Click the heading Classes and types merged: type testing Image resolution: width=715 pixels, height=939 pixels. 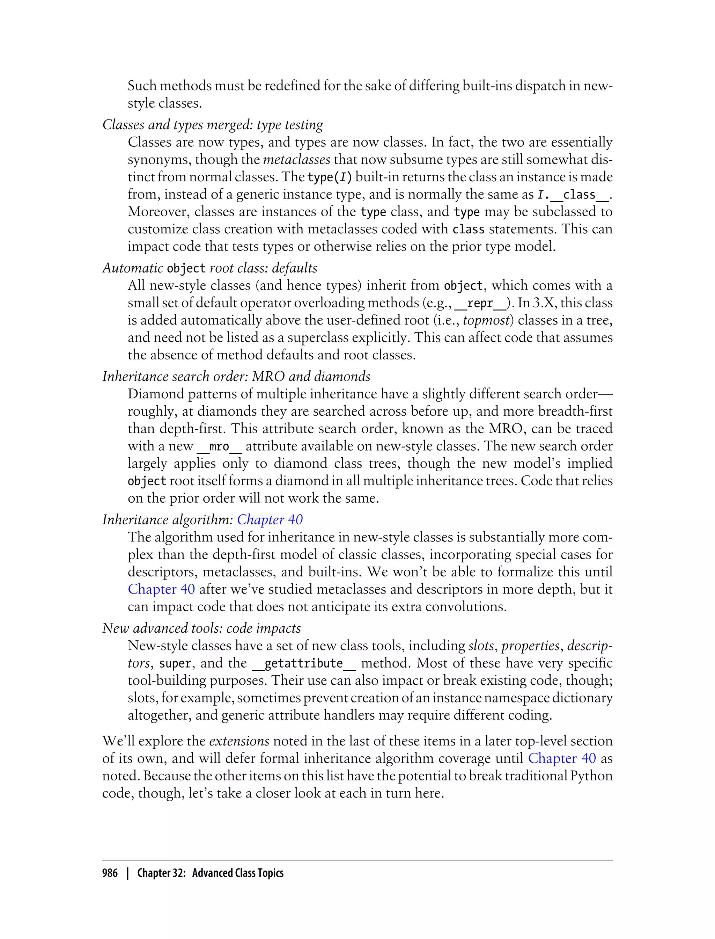pyautogui.click(x=212, y=125)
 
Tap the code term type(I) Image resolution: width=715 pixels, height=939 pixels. pyautogui.click(x=330, y=177)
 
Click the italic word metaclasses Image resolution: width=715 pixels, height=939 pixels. pyautogui.click(x=297, y=160)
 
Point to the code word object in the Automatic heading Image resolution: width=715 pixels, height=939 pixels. pyautogui.click(x=186, y=269)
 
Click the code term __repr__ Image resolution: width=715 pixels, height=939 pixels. pyautogui.click(x=480, y=303)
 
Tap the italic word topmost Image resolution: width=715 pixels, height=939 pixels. pyautogui.click(x=486, y=320)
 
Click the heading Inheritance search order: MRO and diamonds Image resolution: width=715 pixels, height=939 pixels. pyautogui.click(x=236, y=377)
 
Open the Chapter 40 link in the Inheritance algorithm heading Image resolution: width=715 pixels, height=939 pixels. pyautogui.click(x=270, y=519)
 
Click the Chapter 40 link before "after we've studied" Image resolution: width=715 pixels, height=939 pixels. pyautogui.click(x=161, y=589)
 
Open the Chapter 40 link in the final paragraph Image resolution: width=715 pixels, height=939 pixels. pyautogui.click(x=561, y=758)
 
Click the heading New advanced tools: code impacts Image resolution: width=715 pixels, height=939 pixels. pyautogui.click(x=201, y=628)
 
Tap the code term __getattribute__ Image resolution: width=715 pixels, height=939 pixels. pyautogui.click(x=303, y=663)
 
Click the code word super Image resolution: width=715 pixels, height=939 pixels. pyautogui.click(x=175, y=663)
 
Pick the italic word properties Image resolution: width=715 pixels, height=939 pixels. pyautogui.click(x=530, y=646)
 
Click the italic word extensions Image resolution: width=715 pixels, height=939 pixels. pyautogui.click(x=239, y=741)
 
